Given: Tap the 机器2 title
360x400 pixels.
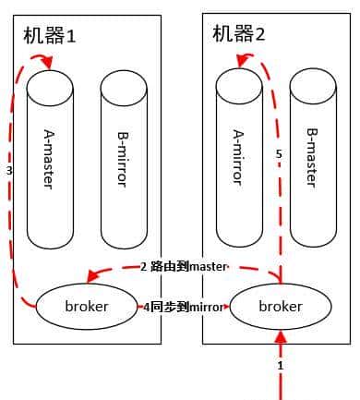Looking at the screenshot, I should click(x=238, y=35).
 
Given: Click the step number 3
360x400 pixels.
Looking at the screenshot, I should click(x=9, y=171).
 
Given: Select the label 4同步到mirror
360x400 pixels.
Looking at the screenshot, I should click(x=183, y=305).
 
